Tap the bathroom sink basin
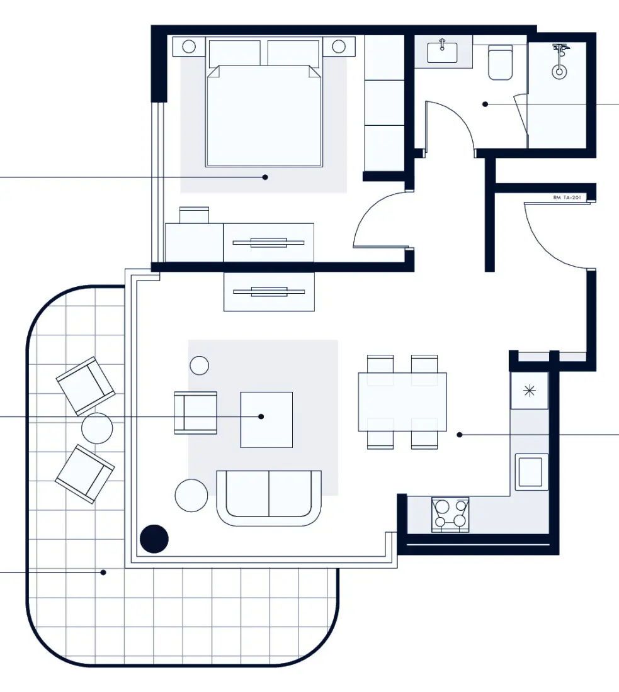(442, 52)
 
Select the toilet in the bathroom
(501, 63)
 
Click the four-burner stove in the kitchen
(450, 514)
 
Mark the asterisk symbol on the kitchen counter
(529, 391)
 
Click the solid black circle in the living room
(154, 539)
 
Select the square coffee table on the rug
(266, 420)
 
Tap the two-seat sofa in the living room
(269, 497)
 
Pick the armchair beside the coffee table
(196, 413)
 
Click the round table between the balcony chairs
(97, 428)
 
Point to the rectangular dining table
(402, 402)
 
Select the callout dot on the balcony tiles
(104, 572)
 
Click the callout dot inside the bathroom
(485, 104)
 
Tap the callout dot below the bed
(265, 177)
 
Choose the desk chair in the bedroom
(194, 215)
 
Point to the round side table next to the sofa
(191, 495)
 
